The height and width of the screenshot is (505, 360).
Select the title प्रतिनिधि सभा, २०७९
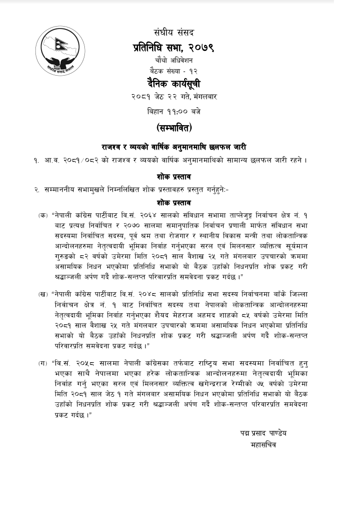coord(174,47)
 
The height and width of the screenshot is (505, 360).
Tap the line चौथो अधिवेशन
coord(174,60)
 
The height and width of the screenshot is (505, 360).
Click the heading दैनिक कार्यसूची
coord(174,84)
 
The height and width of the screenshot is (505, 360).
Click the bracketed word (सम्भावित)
coord(174,127)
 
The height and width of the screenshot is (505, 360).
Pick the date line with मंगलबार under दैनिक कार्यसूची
coord(174,97)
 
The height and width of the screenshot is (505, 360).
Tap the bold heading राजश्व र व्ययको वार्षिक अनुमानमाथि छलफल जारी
coord(174,146)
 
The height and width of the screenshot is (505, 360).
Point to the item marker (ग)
coord(43,362)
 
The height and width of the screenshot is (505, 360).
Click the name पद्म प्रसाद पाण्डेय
coord(261,433)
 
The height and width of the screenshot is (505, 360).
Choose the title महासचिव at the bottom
coord(263,445)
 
